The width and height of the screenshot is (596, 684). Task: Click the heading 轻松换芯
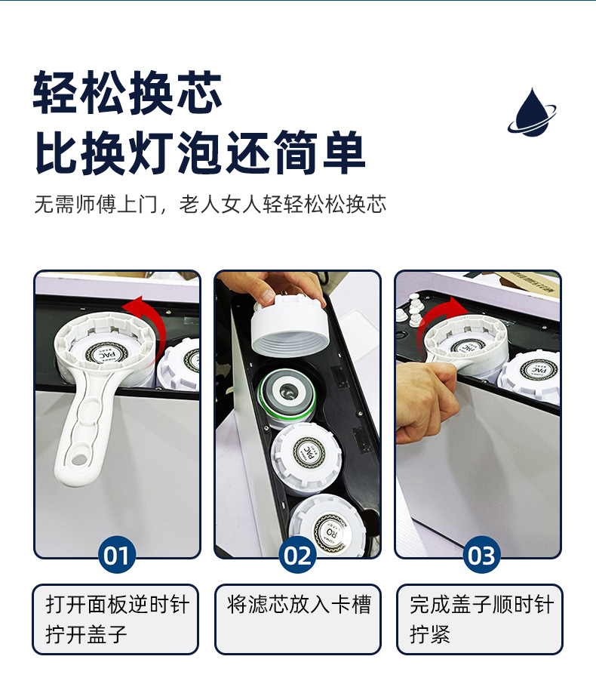[x=127, y=94]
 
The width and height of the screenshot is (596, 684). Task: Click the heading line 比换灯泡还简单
[x=200, y=153]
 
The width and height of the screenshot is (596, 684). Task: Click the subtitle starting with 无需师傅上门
[x=210, y=205]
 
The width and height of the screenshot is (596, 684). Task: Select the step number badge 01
[x=116, y=556]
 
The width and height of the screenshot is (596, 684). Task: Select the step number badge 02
[x=297, y=556]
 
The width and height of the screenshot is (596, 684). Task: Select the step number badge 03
[x=481, y=556]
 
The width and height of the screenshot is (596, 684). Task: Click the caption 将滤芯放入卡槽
[x=298, y=605]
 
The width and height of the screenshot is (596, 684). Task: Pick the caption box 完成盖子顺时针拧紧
[x=480, y=619]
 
